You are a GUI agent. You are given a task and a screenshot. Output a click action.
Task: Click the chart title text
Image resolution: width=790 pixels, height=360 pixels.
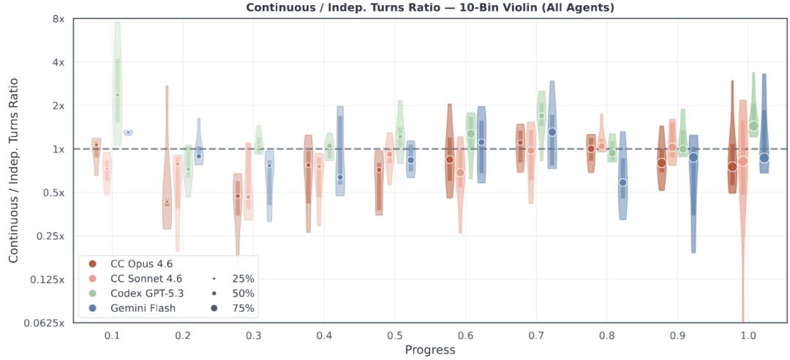point(431,8)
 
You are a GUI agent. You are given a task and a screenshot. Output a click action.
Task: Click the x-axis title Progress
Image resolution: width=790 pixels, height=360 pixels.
point(430,350)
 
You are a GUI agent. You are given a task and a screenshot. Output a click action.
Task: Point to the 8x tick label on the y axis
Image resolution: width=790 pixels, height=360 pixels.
point(57,19)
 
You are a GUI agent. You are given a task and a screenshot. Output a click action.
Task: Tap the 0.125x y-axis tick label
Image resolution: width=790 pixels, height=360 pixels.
point(48,280)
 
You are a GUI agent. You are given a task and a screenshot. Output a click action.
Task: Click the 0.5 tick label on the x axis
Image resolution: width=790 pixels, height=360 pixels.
point(394,334)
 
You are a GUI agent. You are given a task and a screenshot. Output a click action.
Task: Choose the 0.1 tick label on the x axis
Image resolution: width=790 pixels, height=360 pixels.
point(112,334)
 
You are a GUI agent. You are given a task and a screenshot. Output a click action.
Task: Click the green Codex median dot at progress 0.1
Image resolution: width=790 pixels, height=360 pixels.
point(117,95)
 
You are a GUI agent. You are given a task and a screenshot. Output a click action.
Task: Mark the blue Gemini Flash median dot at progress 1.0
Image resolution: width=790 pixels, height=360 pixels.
point(764,157)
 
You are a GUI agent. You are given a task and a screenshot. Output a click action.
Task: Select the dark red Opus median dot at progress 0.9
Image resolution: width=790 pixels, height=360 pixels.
point(661,162)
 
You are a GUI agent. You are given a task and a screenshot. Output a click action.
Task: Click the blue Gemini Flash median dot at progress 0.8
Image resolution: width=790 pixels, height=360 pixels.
point(622,182)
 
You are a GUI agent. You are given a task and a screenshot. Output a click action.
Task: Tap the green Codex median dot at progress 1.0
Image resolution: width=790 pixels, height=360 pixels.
point(753,126)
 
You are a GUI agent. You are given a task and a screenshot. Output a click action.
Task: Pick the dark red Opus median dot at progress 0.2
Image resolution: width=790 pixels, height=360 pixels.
point(167,202)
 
